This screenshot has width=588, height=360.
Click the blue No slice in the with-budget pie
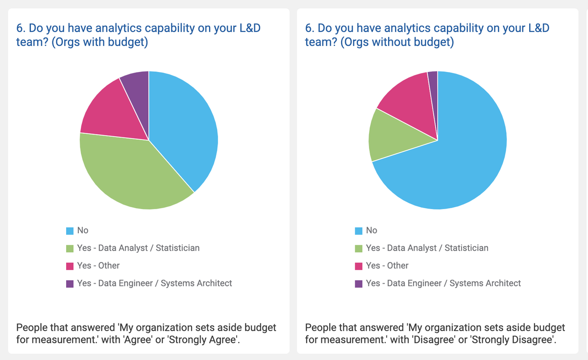pos(184,127)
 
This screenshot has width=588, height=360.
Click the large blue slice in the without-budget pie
pos(456,157)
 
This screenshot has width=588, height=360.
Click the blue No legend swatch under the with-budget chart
pos(70,231)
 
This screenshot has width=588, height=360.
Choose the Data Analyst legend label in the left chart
pos(138,248)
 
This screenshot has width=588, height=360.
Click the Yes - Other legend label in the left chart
pos(98,265)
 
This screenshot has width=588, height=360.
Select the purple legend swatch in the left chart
pos(70,284)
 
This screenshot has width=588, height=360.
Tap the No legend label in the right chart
pos(371,230)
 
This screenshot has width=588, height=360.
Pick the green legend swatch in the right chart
pos(358,248)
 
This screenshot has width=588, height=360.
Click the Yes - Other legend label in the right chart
pos(387,265)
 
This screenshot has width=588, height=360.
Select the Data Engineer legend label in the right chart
pos(443,283)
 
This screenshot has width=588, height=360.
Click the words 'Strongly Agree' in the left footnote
pos(209,339)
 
